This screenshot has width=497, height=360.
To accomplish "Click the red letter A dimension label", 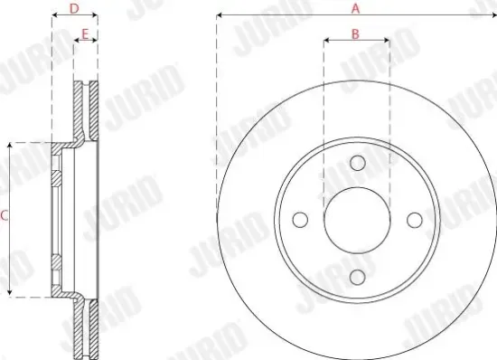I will [356, 8].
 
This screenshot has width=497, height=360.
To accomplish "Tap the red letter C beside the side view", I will [5, 215].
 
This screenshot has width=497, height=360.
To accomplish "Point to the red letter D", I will [74, 9].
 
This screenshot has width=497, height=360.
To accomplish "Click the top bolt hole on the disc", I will [357, 163].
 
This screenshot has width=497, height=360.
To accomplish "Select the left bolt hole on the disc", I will [300, 220].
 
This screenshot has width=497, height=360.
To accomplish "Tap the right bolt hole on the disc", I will [414, 220].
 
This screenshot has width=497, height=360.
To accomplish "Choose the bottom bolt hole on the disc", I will [357, 277].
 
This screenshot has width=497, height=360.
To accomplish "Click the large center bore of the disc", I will [357, 220].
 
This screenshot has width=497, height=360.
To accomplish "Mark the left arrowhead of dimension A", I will [220, 16].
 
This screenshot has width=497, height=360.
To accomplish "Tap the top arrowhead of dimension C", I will [10, 145].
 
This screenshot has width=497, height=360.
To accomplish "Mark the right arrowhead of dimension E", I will [96, 42].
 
